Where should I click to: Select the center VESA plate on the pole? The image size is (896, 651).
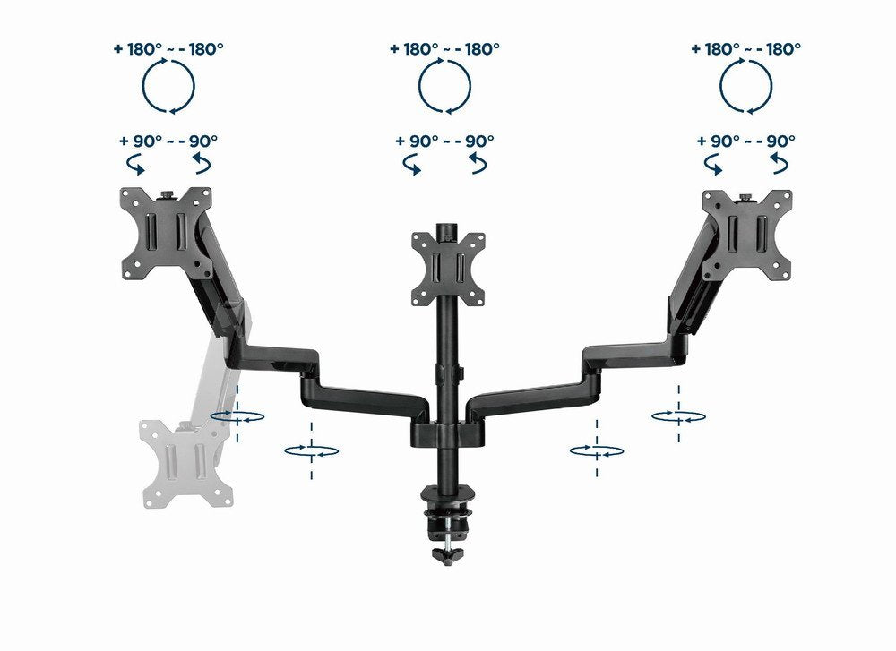tap(445, 268)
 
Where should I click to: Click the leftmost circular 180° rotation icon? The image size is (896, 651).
tap(168, 88)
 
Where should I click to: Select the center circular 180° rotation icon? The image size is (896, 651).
tap(444, 88)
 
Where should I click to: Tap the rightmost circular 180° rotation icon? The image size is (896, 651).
tap(746, 88)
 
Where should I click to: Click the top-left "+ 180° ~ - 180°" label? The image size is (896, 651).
tap(168, 48)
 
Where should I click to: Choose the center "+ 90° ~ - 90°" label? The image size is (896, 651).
tap(444, 141)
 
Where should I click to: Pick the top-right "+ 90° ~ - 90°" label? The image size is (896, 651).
tap(746, 141)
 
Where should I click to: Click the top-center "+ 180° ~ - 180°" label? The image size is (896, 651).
tap(444, 48)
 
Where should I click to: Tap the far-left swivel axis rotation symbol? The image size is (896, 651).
tap(237, 416)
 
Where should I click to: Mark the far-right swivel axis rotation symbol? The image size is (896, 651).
tap(678, 415)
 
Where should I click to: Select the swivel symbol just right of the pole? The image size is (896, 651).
tap(597, 450)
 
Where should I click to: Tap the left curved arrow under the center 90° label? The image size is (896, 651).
tap(413, 166)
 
